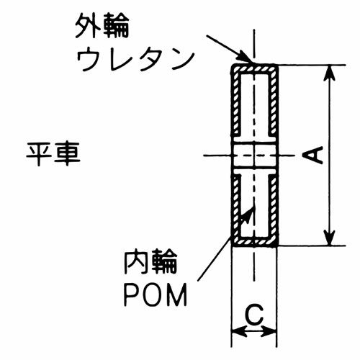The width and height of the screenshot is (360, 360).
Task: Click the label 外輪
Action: pos(102,26)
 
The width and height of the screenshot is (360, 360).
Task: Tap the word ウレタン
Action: pos(135,60)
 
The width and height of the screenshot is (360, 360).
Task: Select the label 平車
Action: pos(53,154)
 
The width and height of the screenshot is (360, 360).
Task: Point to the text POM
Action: pos(156,294)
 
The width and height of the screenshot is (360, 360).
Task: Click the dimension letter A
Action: pos(312,156)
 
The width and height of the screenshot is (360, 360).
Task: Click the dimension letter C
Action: pos(254,315)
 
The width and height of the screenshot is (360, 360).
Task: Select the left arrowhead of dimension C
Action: pos(239,333)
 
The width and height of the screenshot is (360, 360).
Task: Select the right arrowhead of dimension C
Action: pos(269,333)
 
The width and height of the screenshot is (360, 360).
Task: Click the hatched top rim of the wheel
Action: pos(254,69)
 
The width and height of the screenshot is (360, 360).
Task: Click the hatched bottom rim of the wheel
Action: pos(254,241)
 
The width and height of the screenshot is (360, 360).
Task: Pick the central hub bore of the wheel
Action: pos(254,156)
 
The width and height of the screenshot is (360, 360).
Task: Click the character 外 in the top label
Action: pos(87,26)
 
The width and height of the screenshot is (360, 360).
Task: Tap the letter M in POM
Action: pos(176,294)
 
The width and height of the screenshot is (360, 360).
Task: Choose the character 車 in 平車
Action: pos(68,154)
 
